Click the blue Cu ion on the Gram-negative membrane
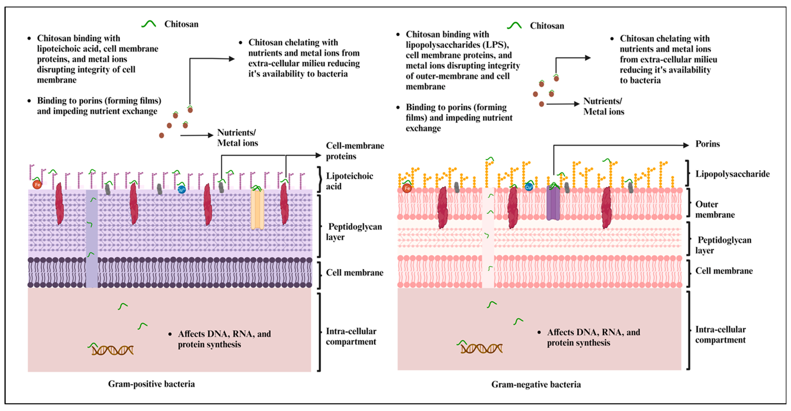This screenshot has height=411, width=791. point(528,187)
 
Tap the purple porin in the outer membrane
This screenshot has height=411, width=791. point(553,203)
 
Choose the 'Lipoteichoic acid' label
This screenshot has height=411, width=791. point(349,181)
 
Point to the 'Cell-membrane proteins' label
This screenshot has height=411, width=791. point(355,151)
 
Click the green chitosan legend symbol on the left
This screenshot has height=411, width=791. point(149,24)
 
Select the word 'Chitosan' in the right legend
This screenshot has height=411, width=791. point(547,26)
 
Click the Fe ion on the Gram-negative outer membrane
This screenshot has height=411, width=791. point(407,188)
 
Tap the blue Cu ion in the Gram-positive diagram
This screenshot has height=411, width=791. point(182,189)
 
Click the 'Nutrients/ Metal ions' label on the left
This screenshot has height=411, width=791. point(237,138)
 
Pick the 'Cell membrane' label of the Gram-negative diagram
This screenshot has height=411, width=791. point(724,271)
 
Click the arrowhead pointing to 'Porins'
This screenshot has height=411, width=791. point(685,145)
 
